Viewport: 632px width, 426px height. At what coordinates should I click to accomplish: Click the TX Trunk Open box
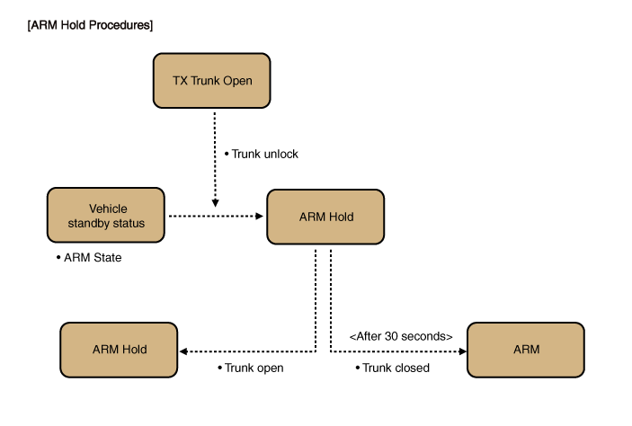(212, 81)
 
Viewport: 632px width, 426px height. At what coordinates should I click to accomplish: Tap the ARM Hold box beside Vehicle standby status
(325, 217)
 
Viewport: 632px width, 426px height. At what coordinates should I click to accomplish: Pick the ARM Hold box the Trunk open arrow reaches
(119, 350)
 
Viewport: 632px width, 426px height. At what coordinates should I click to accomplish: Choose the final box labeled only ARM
(526, 350)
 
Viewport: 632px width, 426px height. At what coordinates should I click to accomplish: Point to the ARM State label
(93, 258)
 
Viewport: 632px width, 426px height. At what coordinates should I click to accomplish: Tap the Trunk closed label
(395, 368)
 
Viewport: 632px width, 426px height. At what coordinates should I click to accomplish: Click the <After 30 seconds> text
(400, 336)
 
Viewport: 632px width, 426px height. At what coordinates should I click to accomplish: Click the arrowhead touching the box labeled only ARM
(460, 351)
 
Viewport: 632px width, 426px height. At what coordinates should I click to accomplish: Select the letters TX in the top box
(180, 81)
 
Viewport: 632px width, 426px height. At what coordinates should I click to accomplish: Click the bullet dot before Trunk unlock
(226, 154)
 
